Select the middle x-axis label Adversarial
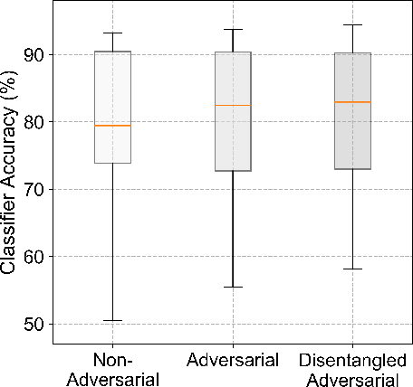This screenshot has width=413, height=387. click(x=233, y=360)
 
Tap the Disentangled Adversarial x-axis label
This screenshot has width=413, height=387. click(x=352, y=368)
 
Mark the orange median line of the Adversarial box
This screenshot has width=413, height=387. click(x=233, y=106)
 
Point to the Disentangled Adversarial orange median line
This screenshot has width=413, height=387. click(x=352, y=102)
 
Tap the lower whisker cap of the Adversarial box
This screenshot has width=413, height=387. click(x=233, y=287)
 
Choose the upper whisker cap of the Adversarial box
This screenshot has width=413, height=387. click(x=233, y=29)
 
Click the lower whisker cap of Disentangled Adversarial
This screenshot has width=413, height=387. click(x=352, y=269)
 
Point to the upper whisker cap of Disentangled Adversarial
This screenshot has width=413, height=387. click(x=352, y=25)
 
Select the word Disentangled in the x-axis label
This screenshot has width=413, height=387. click(x=352, y=360)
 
